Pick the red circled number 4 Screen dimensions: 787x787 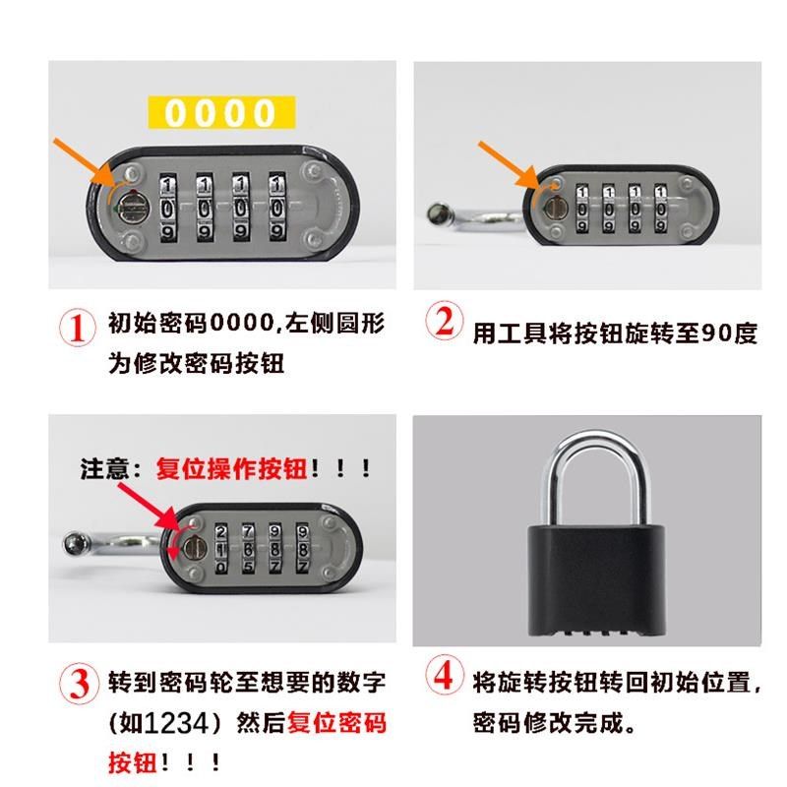[x=445, y=679]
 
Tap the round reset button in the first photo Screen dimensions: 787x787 [x=129, y=208]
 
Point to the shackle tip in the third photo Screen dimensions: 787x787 [x=75, y=543]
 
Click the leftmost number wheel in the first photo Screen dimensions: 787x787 [x=168, y=208]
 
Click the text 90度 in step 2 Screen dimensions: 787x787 [x=730, y=333]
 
